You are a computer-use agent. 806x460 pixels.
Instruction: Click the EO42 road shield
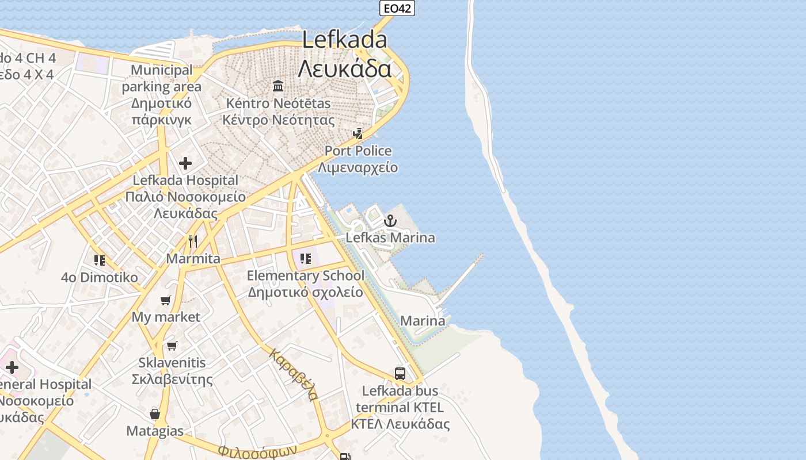[397, 8]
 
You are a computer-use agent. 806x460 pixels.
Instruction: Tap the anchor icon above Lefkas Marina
[390, 221]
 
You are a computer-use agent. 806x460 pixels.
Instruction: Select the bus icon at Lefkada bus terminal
[400, 374]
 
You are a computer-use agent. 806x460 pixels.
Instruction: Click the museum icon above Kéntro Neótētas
[279, 86]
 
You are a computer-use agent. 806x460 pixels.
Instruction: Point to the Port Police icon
[358, 134]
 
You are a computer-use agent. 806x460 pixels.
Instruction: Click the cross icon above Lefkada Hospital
[185, 163]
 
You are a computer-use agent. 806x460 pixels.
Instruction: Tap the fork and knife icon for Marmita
[193, 241]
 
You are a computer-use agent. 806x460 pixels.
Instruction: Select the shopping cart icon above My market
[166, 300]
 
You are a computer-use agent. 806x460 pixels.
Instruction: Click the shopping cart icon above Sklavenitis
[172, 346]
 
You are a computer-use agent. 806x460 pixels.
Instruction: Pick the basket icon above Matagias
[155, 414]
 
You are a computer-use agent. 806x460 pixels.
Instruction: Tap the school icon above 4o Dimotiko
[100, 260]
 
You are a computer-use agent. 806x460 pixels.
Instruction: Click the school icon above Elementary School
[305, 259]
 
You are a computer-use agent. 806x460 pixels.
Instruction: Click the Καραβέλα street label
[293, 374]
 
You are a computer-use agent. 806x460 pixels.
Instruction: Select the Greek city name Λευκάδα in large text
[344, 68]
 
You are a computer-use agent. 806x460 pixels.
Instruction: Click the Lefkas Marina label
[390, 237]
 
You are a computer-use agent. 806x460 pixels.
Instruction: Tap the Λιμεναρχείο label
[358, 168]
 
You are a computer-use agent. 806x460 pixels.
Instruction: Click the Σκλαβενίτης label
[172, 379]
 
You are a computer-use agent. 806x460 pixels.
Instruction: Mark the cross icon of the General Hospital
[12, 367]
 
